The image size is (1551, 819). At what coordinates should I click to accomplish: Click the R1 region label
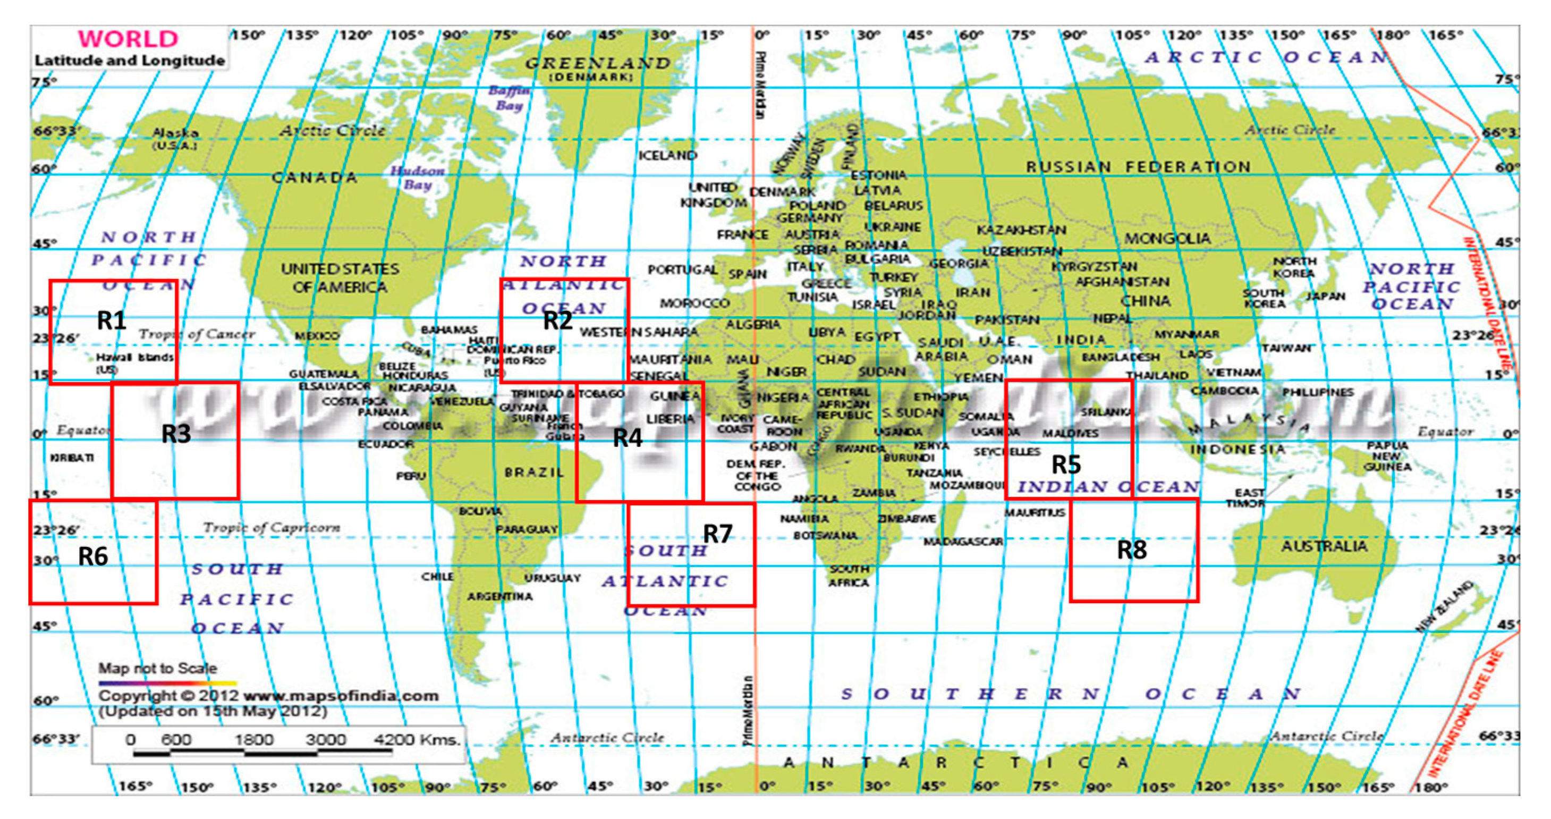[x=112, y=320]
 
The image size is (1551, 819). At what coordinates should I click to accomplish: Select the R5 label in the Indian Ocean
[x=1066, y=465]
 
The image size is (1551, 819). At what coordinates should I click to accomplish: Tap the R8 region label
[x=1132, y=549]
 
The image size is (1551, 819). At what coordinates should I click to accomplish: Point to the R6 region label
[x=94, y=556]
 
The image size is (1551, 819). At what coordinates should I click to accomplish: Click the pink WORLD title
[x=128, y=39]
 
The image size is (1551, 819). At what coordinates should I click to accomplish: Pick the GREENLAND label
[x=598, y=63]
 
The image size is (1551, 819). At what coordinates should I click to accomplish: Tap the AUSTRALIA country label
[x=1324, y=546]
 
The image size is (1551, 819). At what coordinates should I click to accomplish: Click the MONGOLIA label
[x=1167, y=239]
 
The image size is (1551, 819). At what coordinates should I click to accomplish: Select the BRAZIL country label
[x=534, y=472]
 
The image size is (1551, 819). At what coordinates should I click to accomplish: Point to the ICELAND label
[x=667, y=155]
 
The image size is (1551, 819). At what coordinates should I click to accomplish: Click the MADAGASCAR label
[x=963, y=542]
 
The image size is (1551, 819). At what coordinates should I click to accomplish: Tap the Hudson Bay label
[x=418, y=178]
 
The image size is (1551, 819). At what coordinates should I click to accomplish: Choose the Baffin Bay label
[x=510, y=98]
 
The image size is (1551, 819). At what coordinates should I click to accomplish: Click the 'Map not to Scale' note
[x=158, y=668]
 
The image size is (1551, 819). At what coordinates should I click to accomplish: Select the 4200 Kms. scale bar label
[x=417, y=739]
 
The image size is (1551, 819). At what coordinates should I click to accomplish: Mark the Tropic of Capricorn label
[x=272, y=528]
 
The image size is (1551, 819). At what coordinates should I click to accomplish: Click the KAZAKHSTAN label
[x=1021, y=230]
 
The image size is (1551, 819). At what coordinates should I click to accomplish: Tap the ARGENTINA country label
[x=500, y=596]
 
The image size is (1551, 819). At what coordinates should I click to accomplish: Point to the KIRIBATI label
[x=72, y=458]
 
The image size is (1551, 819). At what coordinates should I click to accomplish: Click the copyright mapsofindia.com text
[x=268, y=696]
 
